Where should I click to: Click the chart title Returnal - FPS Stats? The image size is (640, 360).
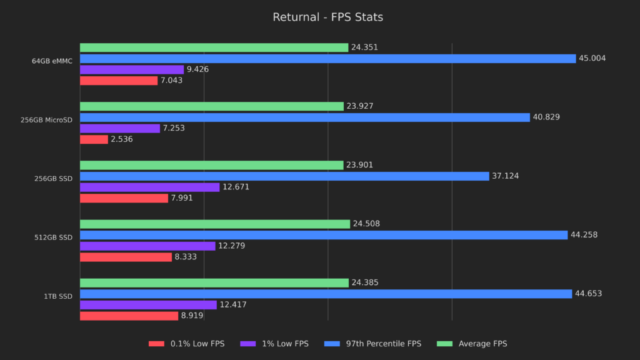(327, 17)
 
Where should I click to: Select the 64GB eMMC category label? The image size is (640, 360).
(52, 61)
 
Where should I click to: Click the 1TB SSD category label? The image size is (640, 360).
(59, 296)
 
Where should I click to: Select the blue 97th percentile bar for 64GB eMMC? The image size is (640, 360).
(327, 59)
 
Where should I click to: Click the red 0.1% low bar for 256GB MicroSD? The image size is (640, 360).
(94, 139)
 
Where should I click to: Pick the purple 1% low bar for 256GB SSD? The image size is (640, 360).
(149, 187)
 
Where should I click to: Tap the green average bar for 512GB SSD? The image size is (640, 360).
(214, 224)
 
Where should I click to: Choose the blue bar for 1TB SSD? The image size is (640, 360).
(326, 294)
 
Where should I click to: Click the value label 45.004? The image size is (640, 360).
(592, 59)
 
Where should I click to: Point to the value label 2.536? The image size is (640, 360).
(122, 139)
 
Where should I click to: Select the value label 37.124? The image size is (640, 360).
(506, 176)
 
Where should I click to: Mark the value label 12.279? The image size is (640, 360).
(231, 246)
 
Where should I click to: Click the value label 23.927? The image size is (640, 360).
(360, 106)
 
